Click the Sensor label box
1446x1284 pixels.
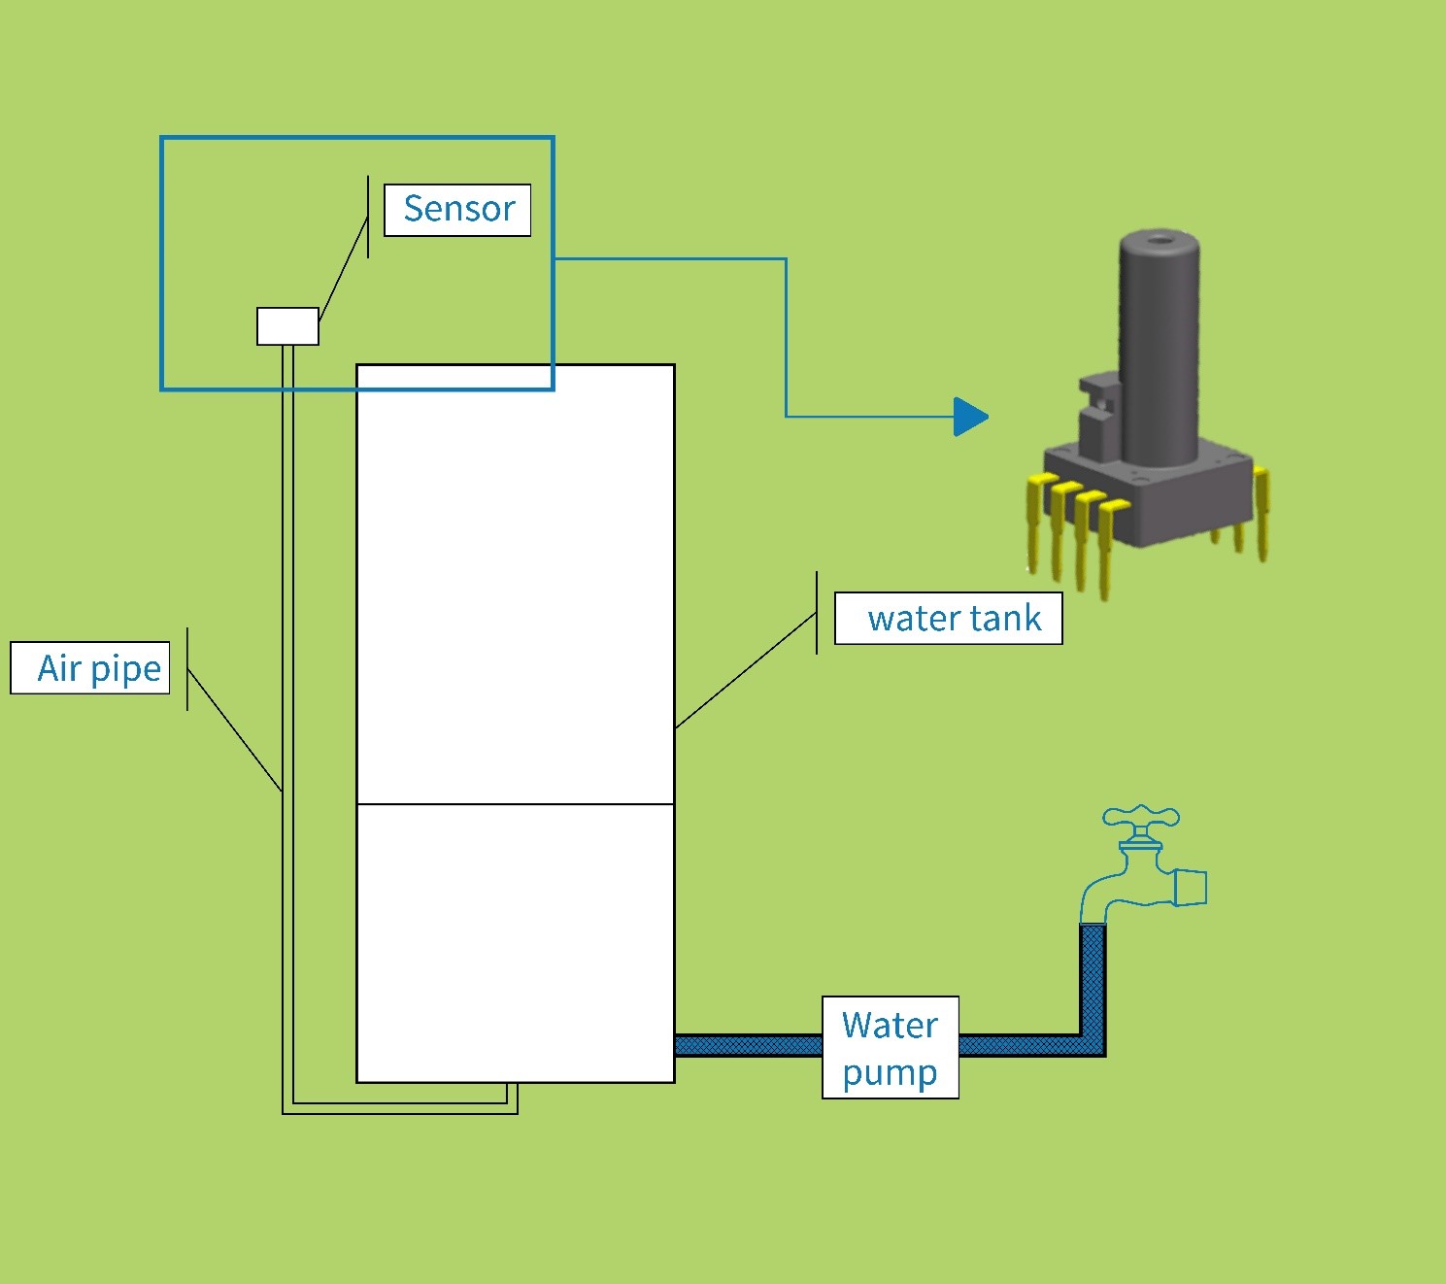pos(457,210)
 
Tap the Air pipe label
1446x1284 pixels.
pos(90,668)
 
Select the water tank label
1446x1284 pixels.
pos(949,619)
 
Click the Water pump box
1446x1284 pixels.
pos(891,1047)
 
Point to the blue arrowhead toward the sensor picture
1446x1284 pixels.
pos(969,417)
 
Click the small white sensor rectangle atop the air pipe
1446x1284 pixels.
pos(287,326)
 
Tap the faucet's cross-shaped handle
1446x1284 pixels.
pos(1141,818)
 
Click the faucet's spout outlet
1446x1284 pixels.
pos(1191,888)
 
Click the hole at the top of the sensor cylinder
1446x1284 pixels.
pos(1159,237)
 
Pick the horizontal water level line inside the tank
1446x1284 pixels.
pos(516,804)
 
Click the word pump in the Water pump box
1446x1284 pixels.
pos(890,1073)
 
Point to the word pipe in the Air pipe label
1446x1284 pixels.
pos(125,670)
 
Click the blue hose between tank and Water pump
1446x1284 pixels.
pos(748,1046)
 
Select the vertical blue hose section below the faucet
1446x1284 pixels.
pos(1093,981)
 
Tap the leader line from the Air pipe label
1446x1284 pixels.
pos(234,729)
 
